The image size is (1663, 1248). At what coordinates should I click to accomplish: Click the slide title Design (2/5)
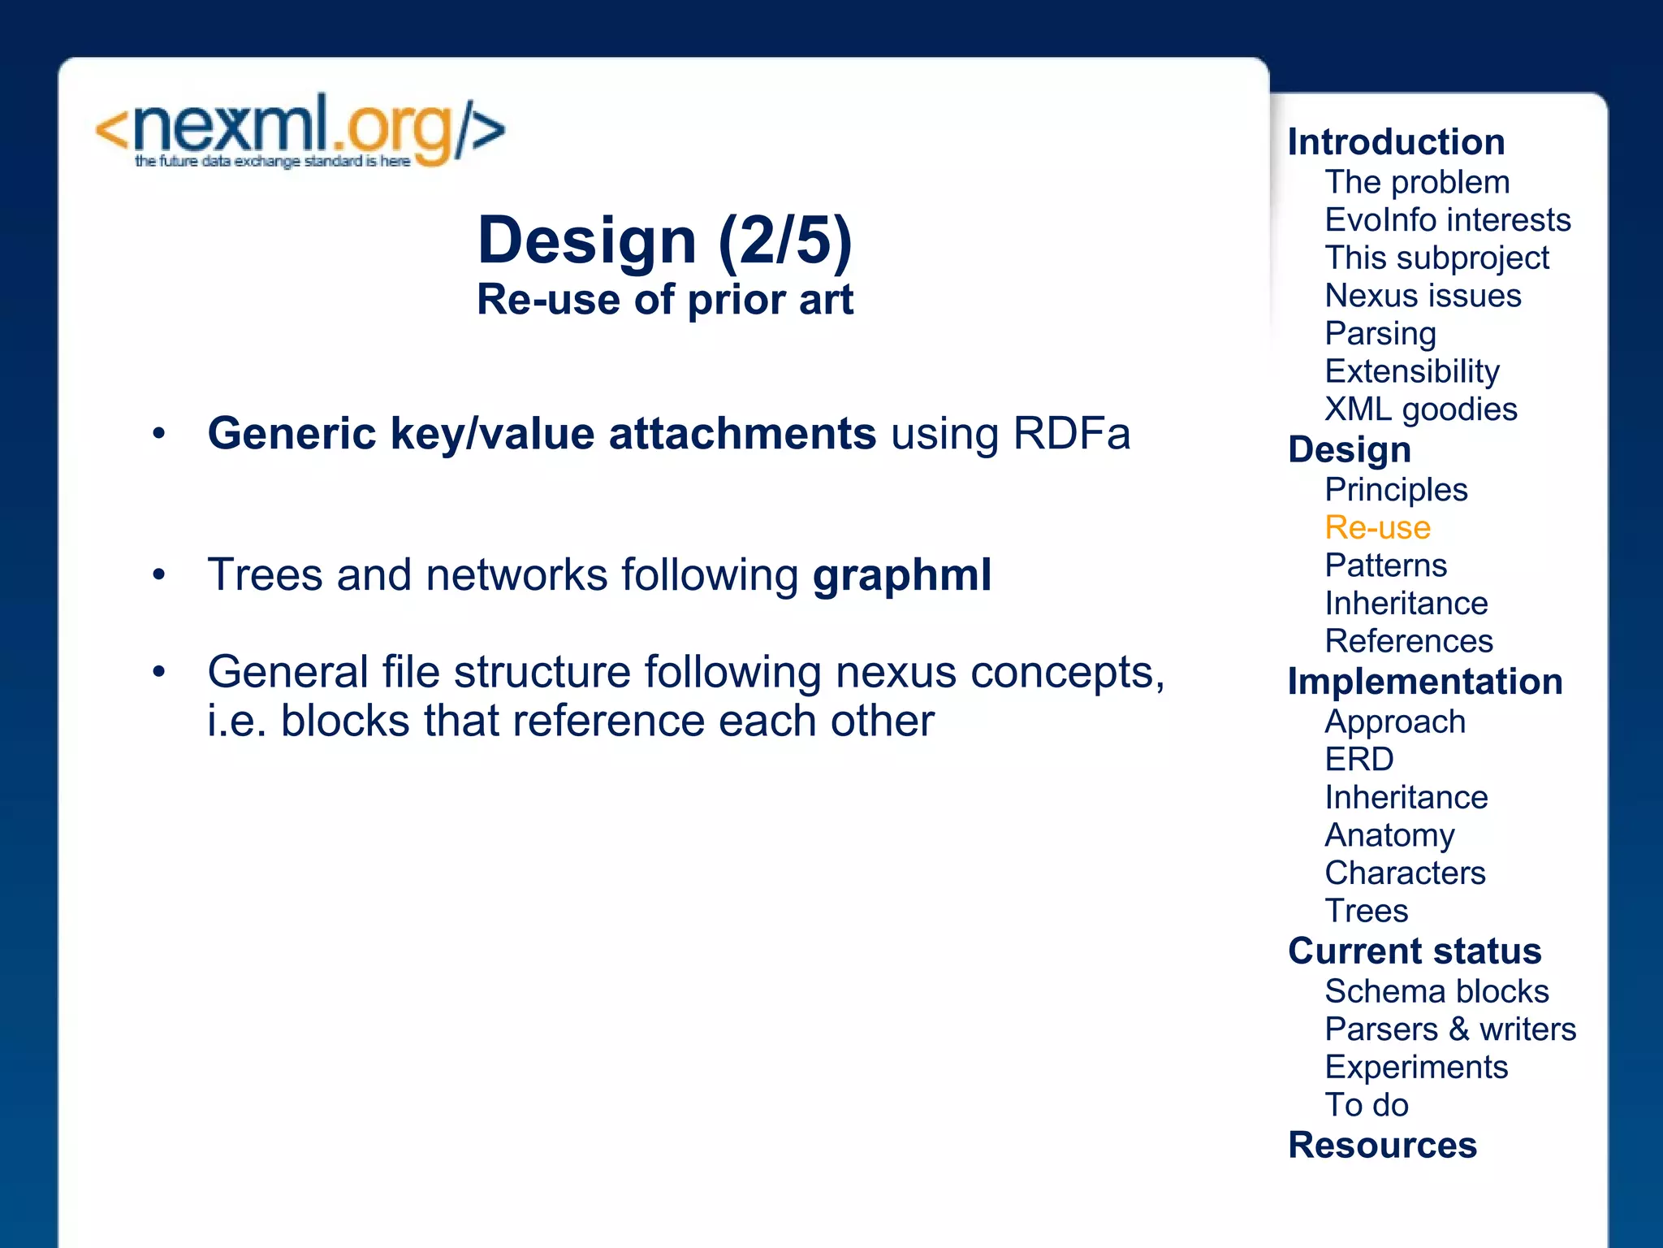point(664,240)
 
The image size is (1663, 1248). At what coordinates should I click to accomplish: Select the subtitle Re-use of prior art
point(664,300)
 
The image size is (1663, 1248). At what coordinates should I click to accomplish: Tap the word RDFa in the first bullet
point(1071,433)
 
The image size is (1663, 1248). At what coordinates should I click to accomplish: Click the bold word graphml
point(901,574)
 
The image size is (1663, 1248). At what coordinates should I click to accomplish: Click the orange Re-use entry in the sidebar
point(1377,528)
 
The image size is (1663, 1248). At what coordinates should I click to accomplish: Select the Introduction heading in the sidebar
point(1396,142)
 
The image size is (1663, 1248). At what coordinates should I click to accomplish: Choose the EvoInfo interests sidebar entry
point(1447,220)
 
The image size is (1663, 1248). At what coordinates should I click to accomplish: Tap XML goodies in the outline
point(1420,409)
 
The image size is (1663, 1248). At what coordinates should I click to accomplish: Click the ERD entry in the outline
point(1358,760)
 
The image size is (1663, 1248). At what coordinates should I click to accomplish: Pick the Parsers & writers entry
point(1449,1029)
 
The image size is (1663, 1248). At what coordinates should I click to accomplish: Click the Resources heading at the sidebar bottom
point(1382,1146)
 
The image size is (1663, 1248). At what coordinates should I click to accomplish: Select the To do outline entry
point(1366,1105)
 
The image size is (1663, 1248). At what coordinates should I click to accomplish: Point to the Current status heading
point(1414,951)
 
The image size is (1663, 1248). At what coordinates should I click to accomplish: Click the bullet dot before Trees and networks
point(159,575)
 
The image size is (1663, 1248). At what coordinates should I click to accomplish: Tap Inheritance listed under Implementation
point(1406,798)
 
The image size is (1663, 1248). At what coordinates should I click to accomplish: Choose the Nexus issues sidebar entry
point(1423,296)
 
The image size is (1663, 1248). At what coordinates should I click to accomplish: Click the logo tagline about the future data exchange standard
point(272,162)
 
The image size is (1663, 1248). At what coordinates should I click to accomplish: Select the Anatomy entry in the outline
point(1389,835)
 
